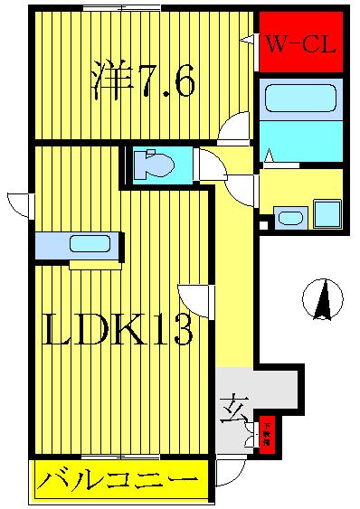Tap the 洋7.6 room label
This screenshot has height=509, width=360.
point(143,82)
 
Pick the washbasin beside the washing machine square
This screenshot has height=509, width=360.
point(290,217)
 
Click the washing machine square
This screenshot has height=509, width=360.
point(326,215)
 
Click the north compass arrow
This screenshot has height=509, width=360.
point(323,299)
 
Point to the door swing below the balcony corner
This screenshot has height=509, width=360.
point(230,471)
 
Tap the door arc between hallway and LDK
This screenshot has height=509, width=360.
point(195,299)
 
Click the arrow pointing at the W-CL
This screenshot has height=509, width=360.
point(248,40)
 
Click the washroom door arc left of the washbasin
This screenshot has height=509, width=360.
point(244,188)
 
